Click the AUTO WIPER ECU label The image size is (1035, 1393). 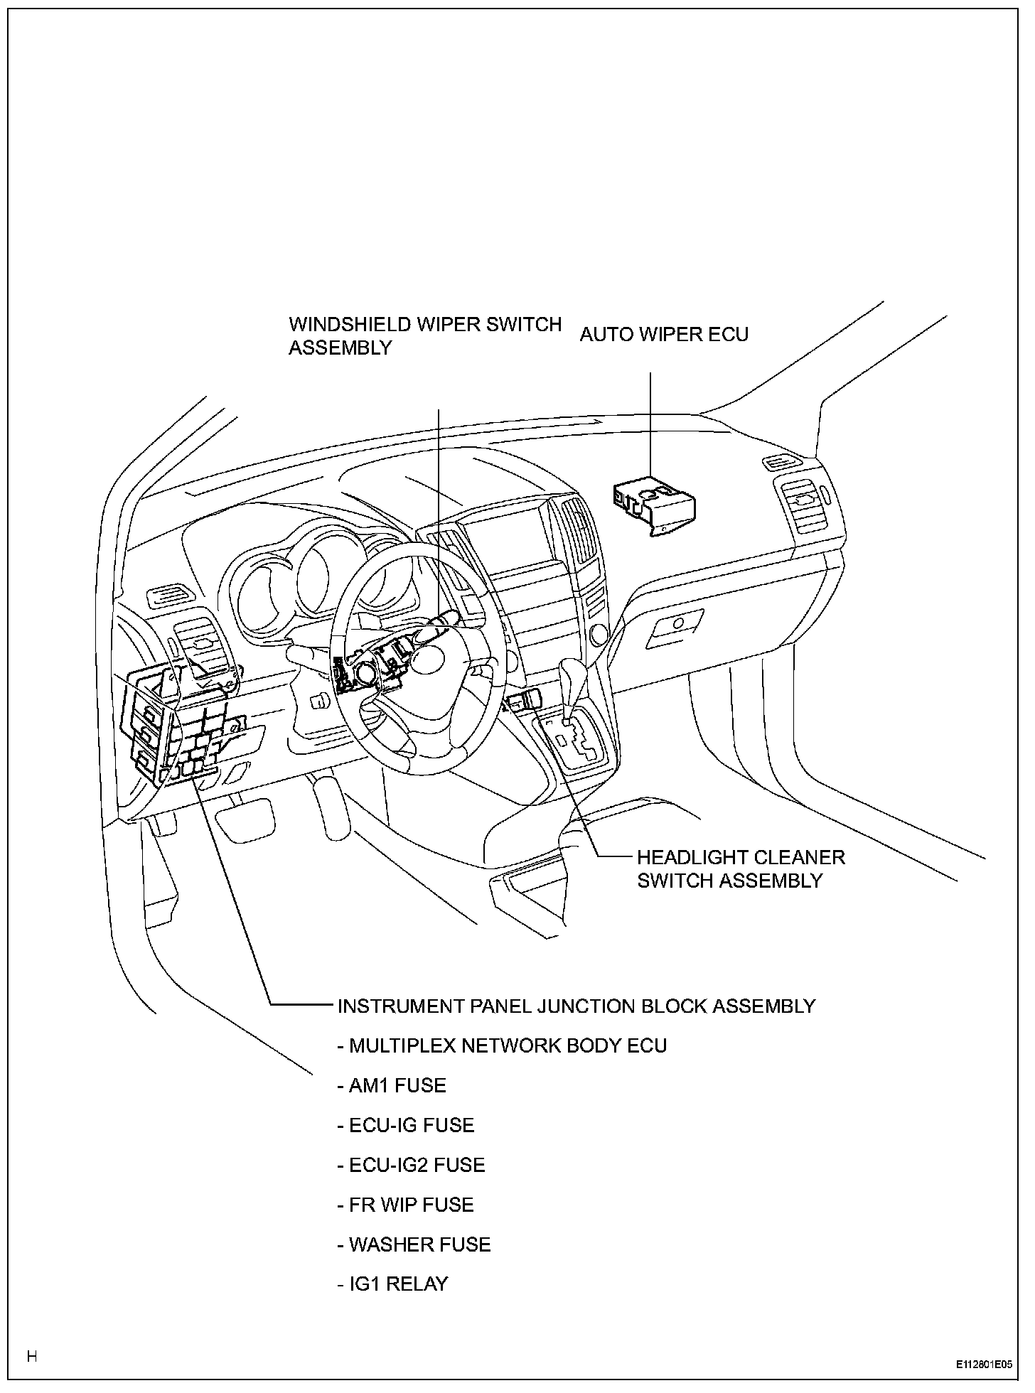coord(664,334)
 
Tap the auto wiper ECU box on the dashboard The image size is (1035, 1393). coord(653,502)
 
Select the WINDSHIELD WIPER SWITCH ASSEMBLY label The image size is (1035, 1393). coord(424,335)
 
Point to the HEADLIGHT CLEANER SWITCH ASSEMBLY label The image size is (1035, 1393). coord(741,868)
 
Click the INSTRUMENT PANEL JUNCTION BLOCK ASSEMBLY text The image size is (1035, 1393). coord(576,1006)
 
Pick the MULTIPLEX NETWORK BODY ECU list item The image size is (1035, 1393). coord(502,1045)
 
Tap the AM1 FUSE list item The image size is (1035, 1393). coord(392,1085)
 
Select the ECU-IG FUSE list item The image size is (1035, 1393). coord(405,1125)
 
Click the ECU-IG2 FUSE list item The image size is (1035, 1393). coord(411,1165)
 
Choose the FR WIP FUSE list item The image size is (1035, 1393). coord(405,1205)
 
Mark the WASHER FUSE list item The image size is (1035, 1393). coord(414,1244)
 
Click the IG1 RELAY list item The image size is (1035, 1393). coord(392,1284)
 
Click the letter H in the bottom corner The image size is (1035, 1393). coord(31,1356)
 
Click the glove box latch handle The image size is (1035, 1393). coord(673,625)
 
